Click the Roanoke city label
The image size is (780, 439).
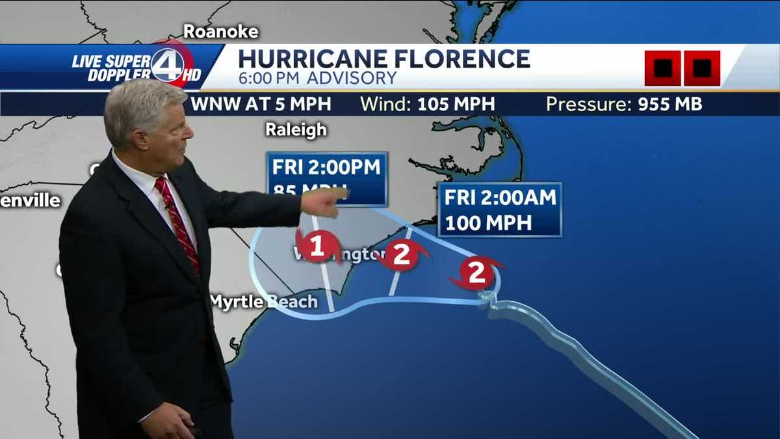[x=221, y=31]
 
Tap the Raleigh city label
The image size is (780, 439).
[x=296, y=129]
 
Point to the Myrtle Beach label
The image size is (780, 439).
[x=264, y=302]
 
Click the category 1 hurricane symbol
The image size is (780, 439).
[x=317, y=246]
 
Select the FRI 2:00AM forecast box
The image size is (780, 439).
[x=499, y=209]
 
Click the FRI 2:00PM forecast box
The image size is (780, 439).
[x=327, y=178]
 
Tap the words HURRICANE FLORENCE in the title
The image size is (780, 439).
[x=384, y=59]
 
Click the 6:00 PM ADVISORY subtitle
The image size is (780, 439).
[x=317, y=79]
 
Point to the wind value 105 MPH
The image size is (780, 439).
[x=456, y=104]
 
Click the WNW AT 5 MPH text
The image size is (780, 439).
[x=261, y=104]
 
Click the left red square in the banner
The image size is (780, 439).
[x=662, y=68]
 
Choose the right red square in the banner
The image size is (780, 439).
[x=702, y=68]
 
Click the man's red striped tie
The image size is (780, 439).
[x=177, y=221]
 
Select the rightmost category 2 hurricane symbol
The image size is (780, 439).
[x=477, y=273]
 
